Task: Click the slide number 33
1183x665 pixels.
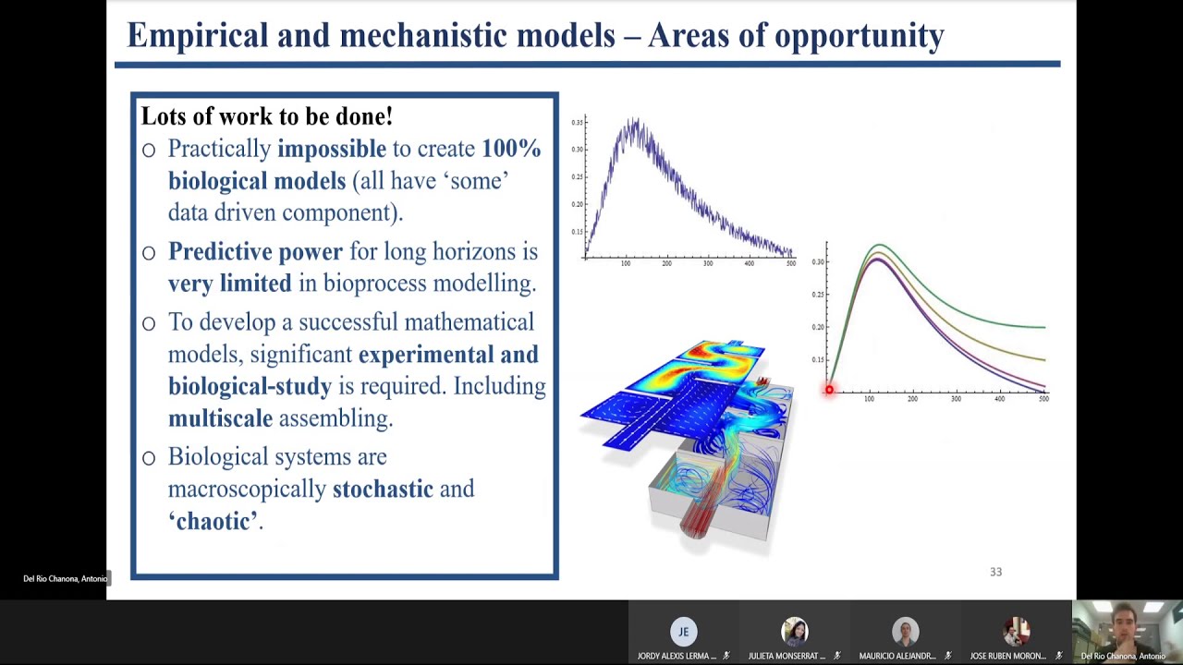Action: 995,572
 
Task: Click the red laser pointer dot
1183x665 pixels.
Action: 829,390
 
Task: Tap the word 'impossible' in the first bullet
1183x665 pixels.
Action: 331,149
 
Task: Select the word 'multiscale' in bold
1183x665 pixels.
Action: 220,418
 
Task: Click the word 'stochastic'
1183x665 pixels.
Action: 383,489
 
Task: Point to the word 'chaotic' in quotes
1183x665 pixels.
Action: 214,521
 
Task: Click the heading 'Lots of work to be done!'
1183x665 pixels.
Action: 266,116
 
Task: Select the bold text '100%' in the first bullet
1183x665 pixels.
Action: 510,149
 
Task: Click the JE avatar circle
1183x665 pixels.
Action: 683,631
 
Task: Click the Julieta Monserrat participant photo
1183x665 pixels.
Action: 794,631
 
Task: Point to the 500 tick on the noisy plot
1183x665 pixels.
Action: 790,264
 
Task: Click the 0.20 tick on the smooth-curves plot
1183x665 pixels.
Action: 817,327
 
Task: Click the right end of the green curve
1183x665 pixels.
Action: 1043,327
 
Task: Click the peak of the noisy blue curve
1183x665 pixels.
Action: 634,121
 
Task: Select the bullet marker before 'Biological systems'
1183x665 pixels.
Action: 149,458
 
